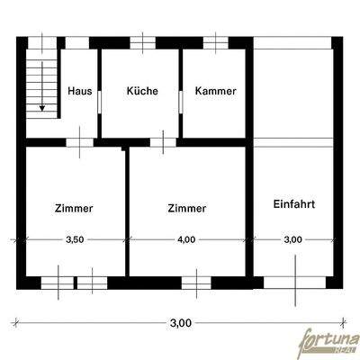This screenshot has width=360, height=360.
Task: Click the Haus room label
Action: point(79,91)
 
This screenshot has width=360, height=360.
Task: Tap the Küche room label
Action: point(142,91)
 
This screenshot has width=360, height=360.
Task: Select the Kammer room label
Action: point(215,91)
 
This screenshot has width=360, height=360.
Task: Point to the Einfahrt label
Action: point(293,203)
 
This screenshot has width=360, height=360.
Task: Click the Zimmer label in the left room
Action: point(75,208)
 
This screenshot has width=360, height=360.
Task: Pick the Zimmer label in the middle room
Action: point(187,208)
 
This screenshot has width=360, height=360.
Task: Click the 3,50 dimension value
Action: point(75,240)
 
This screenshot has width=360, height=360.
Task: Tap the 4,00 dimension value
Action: point(187,240)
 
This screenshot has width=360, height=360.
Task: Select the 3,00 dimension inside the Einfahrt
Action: point(293,240)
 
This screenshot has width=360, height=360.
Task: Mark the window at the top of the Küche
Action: point(142,42)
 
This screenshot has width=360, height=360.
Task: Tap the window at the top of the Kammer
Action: point(215,42)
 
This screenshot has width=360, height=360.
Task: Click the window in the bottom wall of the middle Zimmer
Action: point(195,282)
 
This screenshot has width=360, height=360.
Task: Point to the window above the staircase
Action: point(40,42)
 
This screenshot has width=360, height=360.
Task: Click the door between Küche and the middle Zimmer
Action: point(163,140)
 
